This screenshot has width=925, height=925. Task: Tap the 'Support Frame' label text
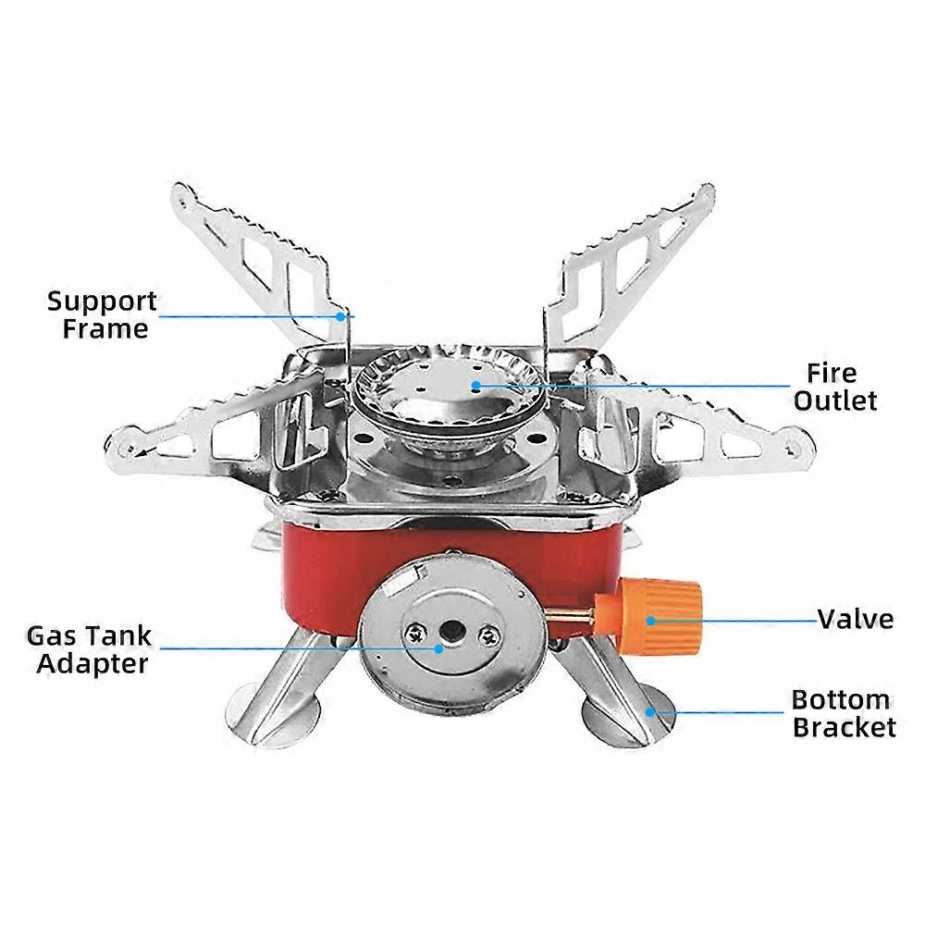click(102, 314)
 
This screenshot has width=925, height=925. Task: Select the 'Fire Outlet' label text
click(834, 387)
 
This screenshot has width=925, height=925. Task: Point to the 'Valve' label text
click(856, 619)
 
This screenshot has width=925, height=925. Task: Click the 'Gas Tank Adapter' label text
click(89, 649)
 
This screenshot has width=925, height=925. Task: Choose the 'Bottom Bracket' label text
click(843, 712)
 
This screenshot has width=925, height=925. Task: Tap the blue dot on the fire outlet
click(476, 385)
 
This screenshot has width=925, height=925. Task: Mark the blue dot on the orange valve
click(651, 620)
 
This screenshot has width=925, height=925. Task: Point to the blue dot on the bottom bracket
click(651, 711)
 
